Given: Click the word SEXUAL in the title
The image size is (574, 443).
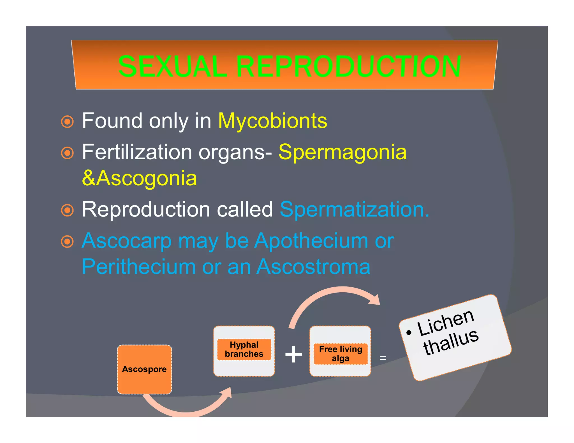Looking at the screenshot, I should (x=172, y=67).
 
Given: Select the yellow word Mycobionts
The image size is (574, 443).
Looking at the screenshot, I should (x=272, y=121).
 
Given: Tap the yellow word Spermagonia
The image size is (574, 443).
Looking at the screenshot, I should (x=342, y=152).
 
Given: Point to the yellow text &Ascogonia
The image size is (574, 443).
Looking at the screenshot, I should (x=139, y=178).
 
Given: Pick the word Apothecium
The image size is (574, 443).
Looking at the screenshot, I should (x=311, y=241).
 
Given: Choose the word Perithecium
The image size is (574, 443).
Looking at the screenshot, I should (x=139, y=267).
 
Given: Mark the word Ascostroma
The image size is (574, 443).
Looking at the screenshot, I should (x=313, y=267).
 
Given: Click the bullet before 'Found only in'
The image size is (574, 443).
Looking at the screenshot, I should (x=67, y=122).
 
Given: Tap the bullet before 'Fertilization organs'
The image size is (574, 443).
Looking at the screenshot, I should (x=67, y=153).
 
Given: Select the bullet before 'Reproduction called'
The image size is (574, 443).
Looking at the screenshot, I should (x=67, y=210).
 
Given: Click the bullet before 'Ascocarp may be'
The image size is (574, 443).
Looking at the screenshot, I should (x=67, y=242).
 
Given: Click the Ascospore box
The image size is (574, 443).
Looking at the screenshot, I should (x=144, y=369).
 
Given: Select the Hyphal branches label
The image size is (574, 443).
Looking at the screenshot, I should (x=244, y=349).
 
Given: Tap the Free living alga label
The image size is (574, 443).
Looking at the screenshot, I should (x=341, y=354).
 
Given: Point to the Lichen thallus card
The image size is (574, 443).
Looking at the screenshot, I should (x=455, y=337).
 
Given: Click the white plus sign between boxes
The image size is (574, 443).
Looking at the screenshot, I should (x=293, y=354).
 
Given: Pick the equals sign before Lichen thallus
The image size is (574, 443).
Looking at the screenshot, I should (x=383, y=358).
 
